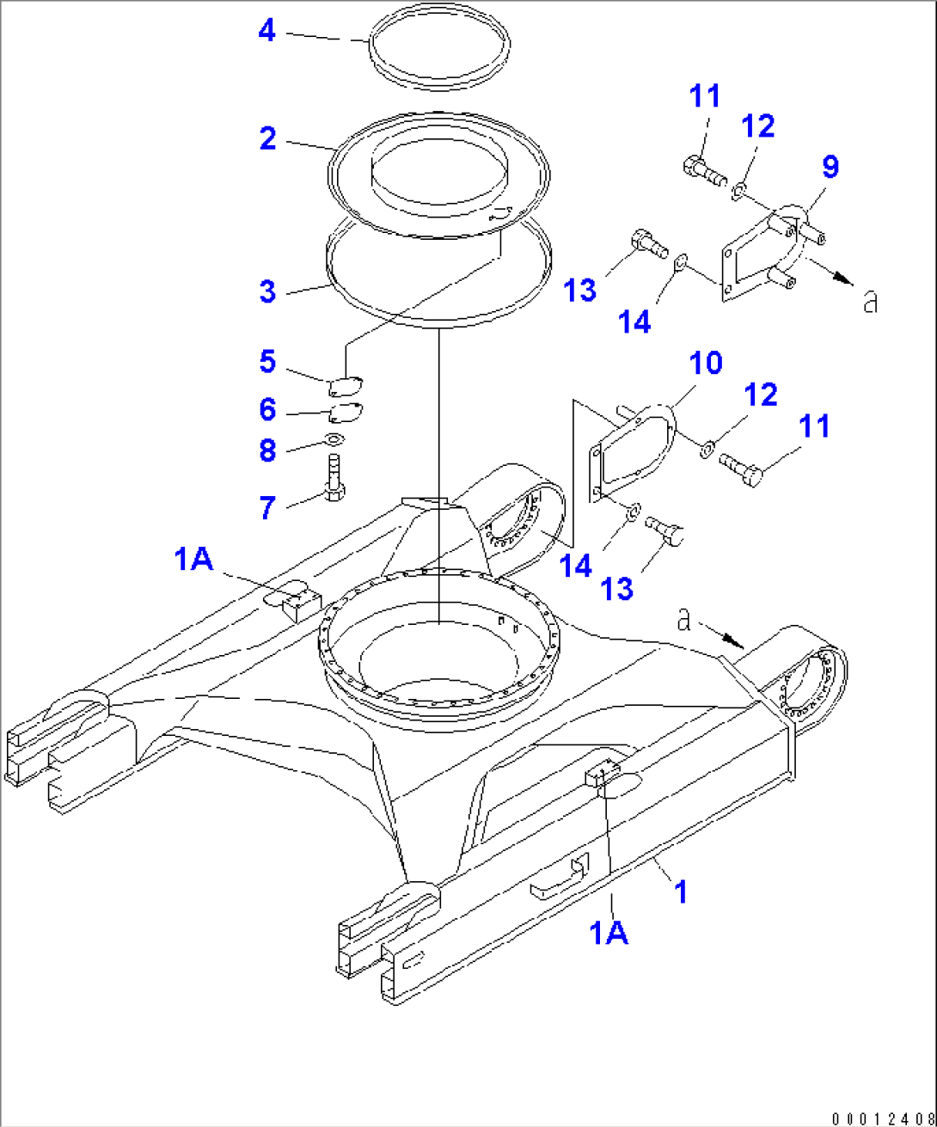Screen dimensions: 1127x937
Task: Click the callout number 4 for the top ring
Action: pos(267,31)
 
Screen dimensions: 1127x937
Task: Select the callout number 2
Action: pos(268,138)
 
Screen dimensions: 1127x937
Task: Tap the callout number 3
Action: pos(268,291)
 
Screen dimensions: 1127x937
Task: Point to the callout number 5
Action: pos(267,362)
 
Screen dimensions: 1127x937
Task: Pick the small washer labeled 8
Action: pos(335,440)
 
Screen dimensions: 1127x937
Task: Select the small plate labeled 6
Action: pos(346,413)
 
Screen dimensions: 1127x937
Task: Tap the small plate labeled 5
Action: pos(346,383)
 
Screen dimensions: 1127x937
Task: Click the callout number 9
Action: pos(830,168)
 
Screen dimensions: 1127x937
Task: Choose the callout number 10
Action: pos(706,364)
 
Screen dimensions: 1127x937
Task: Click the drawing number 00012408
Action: pos(882,1118)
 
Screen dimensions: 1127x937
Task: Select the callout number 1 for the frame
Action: pos(681,891)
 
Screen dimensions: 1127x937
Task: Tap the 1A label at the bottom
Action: pos(609,931)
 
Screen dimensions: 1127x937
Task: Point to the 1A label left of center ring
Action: pos(193,560)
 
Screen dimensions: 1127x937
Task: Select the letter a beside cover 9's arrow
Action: pos(870,302)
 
